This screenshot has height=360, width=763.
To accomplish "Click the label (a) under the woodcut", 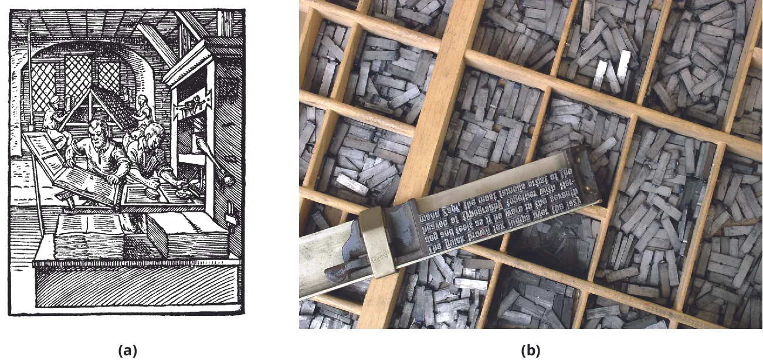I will pos(127,351).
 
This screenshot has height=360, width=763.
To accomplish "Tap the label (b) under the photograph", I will pos(530,351).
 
